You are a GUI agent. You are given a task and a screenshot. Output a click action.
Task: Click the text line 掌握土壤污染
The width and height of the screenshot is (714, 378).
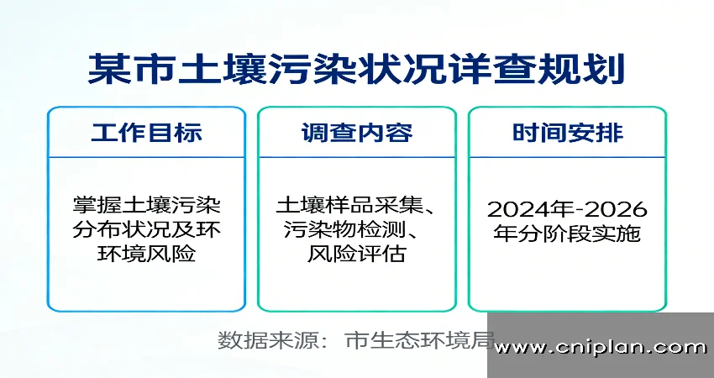click(x=147, y=205)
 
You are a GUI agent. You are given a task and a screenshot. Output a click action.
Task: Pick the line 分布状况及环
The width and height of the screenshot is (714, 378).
click(x=147, y=229)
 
